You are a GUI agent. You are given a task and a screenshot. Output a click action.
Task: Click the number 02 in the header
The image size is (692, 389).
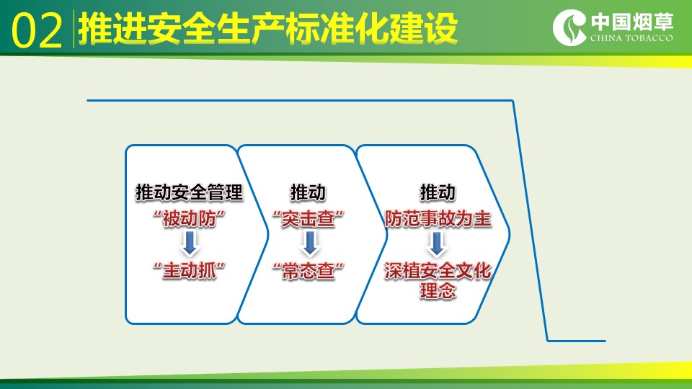pyautogui.click(x=37, y=30)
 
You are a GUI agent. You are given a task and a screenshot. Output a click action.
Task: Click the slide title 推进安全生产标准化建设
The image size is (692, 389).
pyautogui.click(x=267, y=29)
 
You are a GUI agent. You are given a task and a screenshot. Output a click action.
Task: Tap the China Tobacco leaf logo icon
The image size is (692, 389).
pyautogui.click(x=569, y=27)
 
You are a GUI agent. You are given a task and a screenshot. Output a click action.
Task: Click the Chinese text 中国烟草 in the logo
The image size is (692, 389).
pyautogui.click(x=632, y=22)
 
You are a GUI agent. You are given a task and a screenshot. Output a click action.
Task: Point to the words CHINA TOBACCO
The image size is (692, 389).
pyautogui.click(x=631, y=38)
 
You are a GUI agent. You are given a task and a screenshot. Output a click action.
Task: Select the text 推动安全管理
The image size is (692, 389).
pyautogui.click(x=190, y=193)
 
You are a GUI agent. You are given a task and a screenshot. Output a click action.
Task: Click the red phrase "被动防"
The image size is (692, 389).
pyautogui.click(x=190, y=218)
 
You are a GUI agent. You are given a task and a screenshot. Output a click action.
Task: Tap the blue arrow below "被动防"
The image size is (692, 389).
pyautogui.click(x=190, y=243)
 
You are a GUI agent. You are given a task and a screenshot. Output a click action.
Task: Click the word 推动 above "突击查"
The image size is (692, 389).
pyautogui.click(x=308, y=193)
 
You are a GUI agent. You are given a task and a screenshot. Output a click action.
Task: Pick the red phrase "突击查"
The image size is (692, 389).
pyautogui.click(x=308, y=218)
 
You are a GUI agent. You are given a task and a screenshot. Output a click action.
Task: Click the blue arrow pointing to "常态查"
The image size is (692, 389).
pyautogui.click(x=310, y=243)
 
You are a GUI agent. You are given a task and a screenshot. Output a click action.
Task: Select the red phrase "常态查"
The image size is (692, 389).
pyautogui.click(x=308, y=270)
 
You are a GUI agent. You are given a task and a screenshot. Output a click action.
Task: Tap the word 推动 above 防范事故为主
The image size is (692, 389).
pyautogui.click(x=438, y=193)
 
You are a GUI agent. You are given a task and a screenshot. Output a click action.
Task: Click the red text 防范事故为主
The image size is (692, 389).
pyautogui.click(x=438, y=218)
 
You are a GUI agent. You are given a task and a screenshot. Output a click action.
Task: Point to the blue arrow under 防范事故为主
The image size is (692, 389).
pyautogui.click(x=437, y=243)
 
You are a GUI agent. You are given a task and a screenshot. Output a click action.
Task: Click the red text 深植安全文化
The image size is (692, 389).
pyautogui.click(x=438, y=270)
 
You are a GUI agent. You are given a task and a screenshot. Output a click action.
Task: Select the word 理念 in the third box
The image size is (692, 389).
pyautogui.click(x=438, y=291)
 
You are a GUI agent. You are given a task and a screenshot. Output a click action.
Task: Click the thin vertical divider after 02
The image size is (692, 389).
pyautogui.click(x=74, y=29)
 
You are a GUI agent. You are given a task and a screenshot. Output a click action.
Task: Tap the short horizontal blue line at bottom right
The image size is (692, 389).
pyautogui.click(x=577, y=341)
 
